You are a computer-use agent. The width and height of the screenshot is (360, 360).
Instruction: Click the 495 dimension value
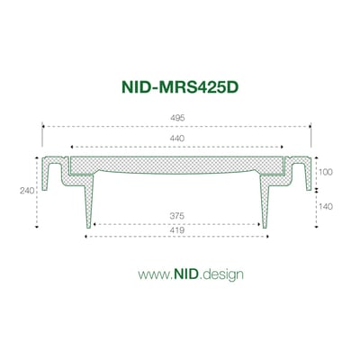(x=179, y=118)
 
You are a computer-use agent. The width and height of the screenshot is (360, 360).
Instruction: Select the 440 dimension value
(x=179, y=139)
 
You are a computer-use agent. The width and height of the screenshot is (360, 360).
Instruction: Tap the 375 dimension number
(x=179, y=215)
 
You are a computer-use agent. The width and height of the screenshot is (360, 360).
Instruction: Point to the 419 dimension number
(x=179, y=230)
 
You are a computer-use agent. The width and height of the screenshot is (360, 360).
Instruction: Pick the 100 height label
(x=326, y=171)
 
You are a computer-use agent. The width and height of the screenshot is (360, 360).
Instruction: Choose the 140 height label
(x=326, y=206)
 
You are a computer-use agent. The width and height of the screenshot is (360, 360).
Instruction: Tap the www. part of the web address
(x=151, y=273)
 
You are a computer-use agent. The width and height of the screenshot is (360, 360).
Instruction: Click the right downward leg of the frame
(x=268, y=202)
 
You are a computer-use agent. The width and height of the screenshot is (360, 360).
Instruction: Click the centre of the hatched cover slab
(x=178, y=164)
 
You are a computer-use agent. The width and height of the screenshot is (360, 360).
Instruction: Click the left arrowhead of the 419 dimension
(x=85, y=238)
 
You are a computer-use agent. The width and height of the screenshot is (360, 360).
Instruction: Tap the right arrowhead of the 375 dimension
(x=262, y=223)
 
